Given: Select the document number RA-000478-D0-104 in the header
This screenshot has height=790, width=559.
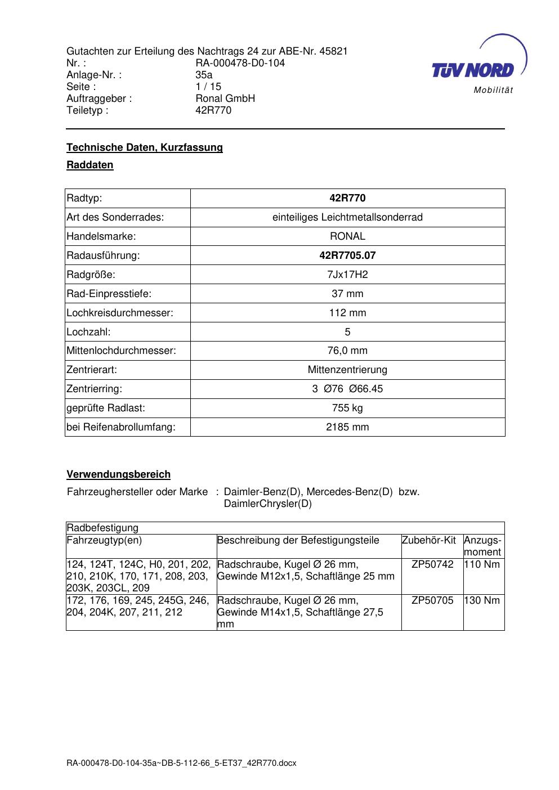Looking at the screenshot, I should click(x=240, y=63).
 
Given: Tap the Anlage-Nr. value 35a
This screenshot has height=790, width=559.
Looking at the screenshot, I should click(x=204, y=75).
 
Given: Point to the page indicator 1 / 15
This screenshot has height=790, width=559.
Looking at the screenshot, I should click(x=208, y=87).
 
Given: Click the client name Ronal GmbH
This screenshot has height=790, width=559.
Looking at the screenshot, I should click(x=225, y=98).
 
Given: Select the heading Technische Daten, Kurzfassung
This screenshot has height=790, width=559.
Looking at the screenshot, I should click(x=145, y=147).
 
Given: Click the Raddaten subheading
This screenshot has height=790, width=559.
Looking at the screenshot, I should click(x=90, y=165).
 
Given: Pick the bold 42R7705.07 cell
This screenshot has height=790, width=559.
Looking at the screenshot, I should click(x=347, y=255).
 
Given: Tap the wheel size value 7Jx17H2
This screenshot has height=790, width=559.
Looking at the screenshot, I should click(x=347, y=275).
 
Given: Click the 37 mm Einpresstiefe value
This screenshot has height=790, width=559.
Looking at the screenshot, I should click(x=347, y=294).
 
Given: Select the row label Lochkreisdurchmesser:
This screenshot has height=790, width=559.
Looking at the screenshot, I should click(x=120, y=313).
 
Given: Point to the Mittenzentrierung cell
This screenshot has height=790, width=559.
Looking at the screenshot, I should click(x=347, y=370).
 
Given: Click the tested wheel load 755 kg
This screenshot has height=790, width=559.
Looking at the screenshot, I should click(x=347, y=408).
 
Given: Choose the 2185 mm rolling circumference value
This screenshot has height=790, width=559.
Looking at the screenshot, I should click(x=347, y=427).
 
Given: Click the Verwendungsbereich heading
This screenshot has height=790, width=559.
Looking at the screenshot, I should click(x=119, y=474).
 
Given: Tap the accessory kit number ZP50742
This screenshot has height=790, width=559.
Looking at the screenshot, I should click(x=432, y=564).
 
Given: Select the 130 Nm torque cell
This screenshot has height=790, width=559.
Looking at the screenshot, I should click(x=482, y=600).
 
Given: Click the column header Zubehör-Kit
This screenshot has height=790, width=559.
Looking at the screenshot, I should click(x=428, y=540).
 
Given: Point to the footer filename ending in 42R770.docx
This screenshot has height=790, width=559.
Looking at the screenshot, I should click(x=181, y=764).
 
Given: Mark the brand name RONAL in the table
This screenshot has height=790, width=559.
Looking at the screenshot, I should click(x=347, y=236).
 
